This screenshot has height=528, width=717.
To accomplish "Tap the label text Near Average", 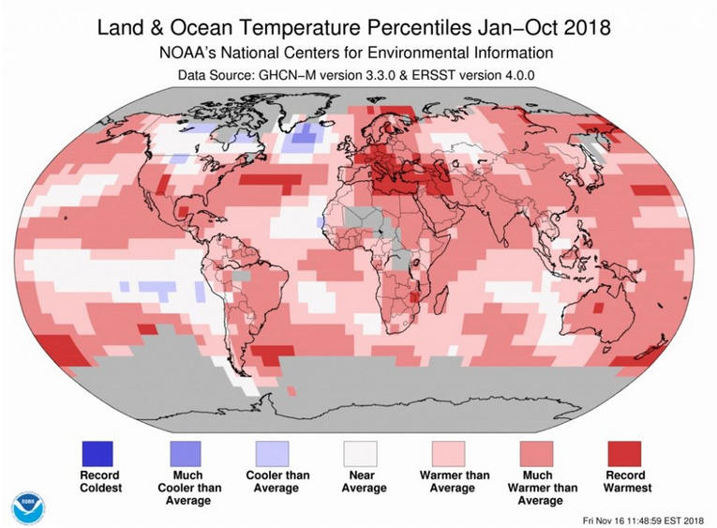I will pyautogui.click(x=363, y=482).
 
